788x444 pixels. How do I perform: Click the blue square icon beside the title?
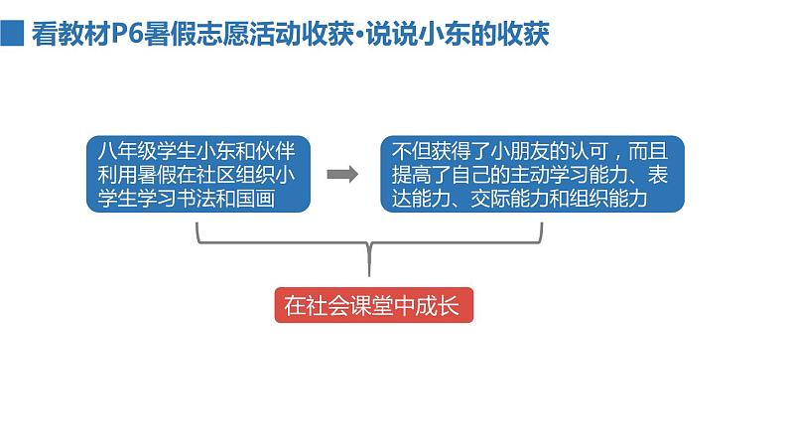click(x=13, y=35)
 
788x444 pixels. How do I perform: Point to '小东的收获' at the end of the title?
click(x=488, y=35)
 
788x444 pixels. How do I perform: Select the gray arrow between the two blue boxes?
click(x=343, y=175)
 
